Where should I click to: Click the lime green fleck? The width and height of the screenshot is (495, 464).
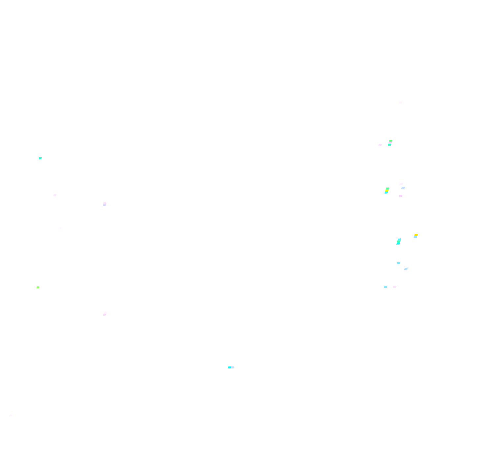click(x=38, y=287)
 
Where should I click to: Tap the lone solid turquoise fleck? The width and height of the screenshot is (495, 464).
click(x=40, y=158)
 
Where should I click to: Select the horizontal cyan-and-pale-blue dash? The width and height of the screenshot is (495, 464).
click(x=231, y=367)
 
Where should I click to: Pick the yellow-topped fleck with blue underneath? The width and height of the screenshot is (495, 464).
click(x=416, y=236)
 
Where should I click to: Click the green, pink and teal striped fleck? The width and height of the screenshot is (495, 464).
click(x=390, y=143)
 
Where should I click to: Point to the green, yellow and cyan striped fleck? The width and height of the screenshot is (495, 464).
click(x=387, y=190)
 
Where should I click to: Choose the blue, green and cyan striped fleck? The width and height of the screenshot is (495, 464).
click(x=399, y=242)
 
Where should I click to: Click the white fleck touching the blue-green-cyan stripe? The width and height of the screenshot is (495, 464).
click(x=397, y=237)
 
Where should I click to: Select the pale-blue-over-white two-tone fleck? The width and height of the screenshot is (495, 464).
click(x=406, y=270)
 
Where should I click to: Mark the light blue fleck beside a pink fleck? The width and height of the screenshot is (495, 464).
click(x=385, y=287)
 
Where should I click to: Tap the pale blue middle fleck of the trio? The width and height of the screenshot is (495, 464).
click(x=403, y=188)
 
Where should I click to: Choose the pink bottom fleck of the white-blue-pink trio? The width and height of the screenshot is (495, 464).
click(x=401, y=196)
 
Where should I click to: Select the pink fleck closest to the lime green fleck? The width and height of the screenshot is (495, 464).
click(x=105, y=314)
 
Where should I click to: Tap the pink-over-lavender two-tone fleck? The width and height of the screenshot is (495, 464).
click(x=105, y=204)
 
